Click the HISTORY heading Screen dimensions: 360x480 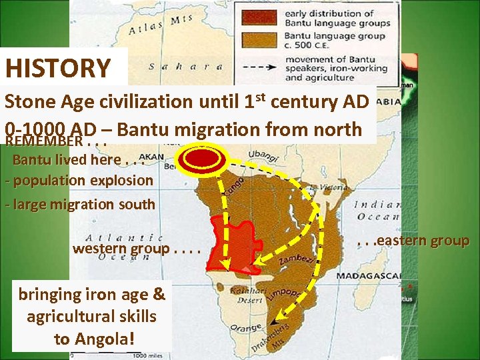(x=58, y=68)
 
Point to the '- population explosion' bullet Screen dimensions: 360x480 (x=78, y=180)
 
